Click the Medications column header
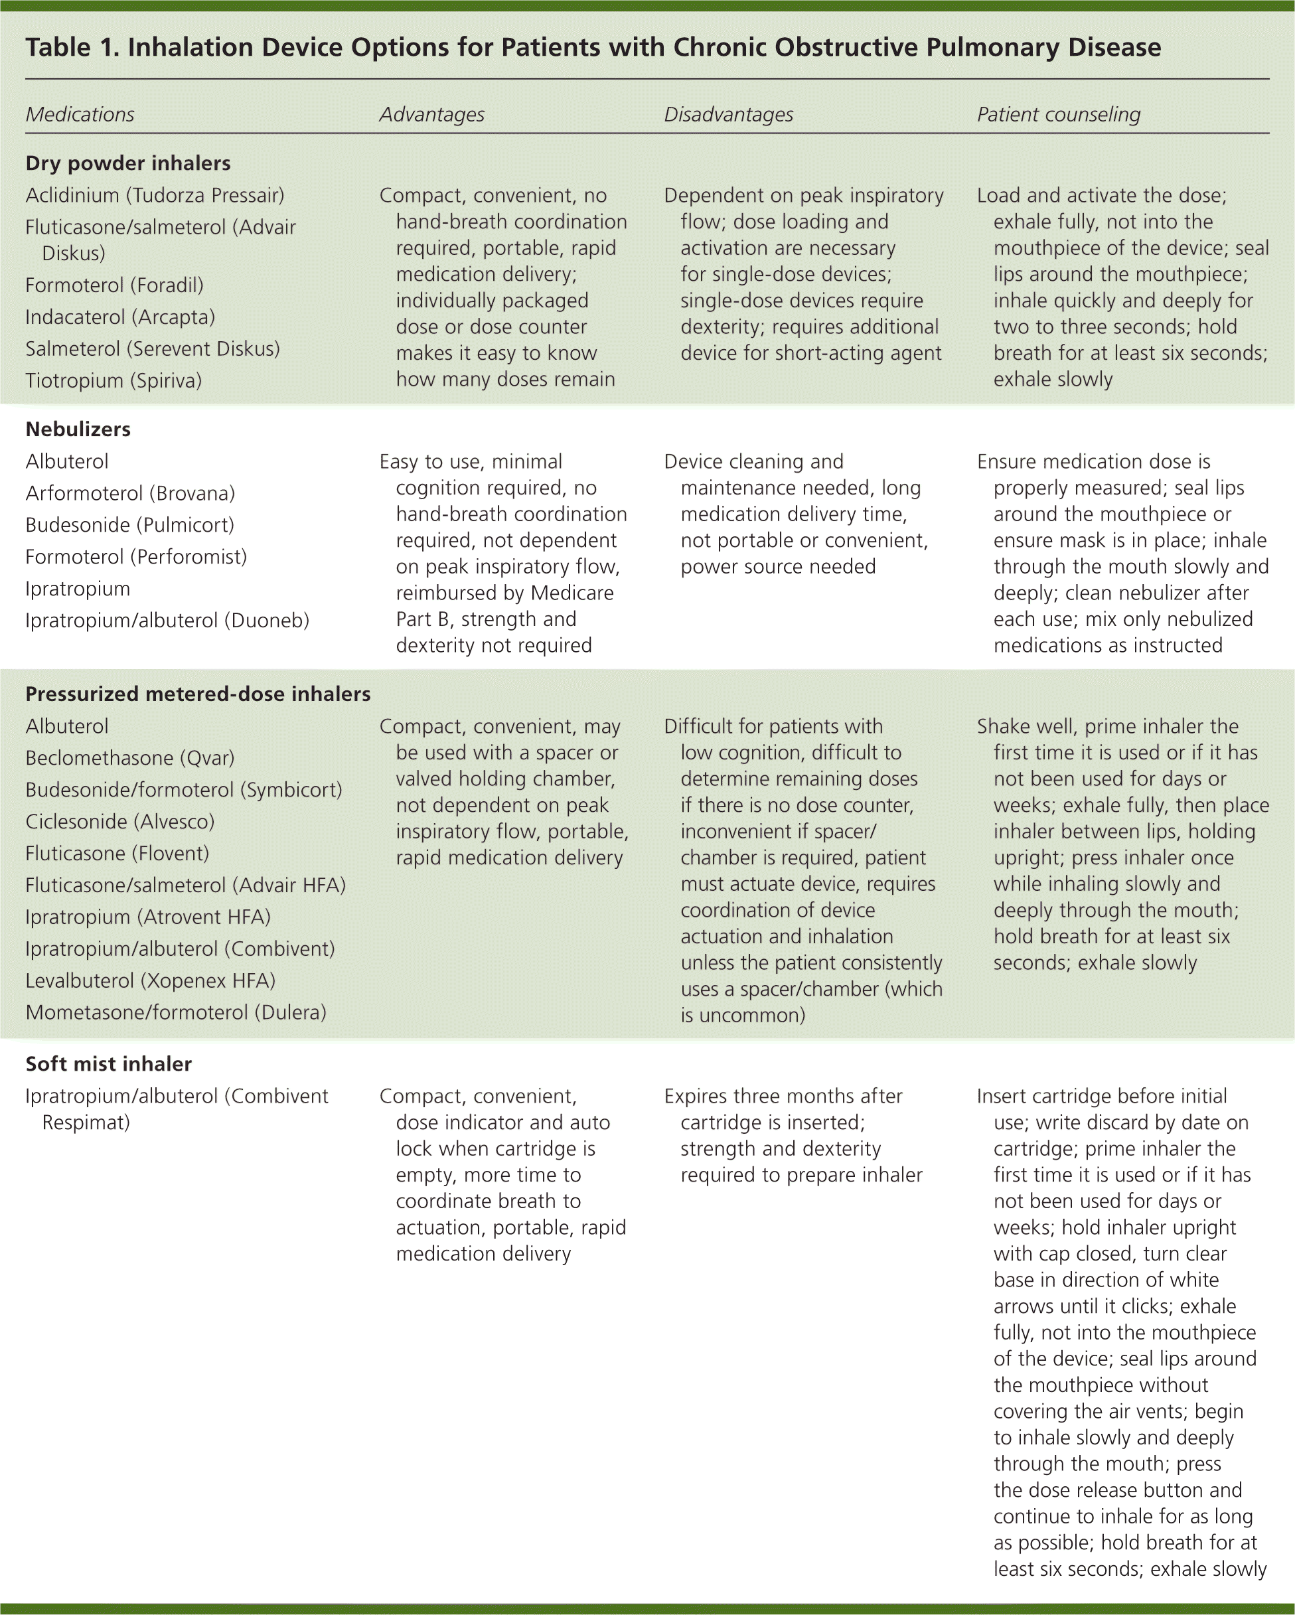point(80,115)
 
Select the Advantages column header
point(431,115)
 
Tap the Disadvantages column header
point(728,115)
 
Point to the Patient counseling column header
point(1058,115)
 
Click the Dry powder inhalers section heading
point(128,163)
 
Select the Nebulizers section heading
point(78,429)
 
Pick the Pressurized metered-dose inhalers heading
point(198,694)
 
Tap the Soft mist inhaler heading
point(109,1063)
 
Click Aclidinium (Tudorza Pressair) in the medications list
point(155,196)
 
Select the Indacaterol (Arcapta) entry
point(120,317)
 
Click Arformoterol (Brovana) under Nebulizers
point(130,494)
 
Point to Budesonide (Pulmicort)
point(129,525)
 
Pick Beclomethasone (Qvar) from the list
point(129,758)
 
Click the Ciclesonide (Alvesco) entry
point(120,822)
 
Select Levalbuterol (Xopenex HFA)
point(151,980)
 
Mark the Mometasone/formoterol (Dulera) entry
point(176,1013)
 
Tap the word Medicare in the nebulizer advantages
point(572,593)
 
